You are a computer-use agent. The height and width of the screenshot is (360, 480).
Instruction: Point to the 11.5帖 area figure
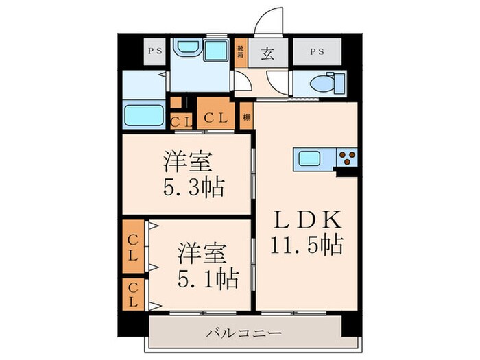307,244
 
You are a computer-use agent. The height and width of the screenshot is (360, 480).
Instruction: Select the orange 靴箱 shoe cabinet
241,54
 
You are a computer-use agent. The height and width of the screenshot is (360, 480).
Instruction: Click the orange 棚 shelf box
246,117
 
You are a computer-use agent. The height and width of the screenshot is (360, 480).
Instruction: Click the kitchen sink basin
310,158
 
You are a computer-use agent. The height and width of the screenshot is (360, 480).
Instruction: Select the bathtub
143,115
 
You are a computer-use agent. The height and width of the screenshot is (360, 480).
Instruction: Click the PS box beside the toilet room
317,51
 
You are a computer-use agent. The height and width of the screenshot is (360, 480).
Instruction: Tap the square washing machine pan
216,50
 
